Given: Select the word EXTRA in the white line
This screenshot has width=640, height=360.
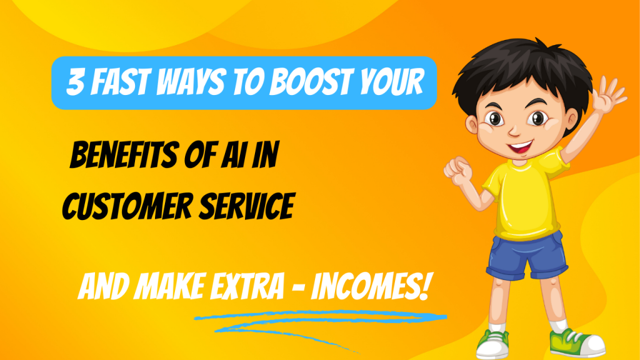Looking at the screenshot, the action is (247, 286).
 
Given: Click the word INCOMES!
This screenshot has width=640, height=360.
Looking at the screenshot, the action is (370, 286).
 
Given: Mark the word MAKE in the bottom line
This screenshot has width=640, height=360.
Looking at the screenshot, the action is (170, 286).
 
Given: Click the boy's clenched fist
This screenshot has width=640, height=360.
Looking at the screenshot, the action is (458, 170).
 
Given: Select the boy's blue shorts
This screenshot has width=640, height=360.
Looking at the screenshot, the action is (527, 255).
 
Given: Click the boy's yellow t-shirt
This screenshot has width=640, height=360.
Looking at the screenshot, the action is (524, 196).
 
